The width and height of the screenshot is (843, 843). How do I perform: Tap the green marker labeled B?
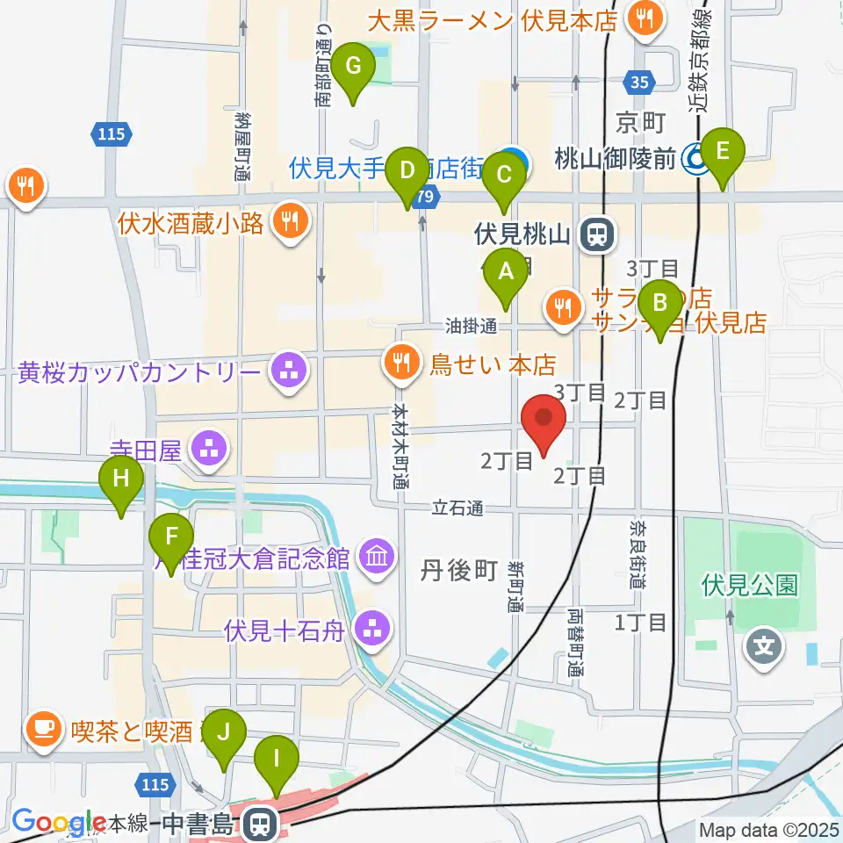[x=659, y=305]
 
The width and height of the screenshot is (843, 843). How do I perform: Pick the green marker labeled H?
[x=121, y=480]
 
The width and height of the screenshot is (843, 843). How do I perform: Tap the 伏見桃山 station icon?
[x=600, y=234]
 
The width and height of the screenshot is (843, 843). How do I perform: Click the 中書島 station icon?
[x=260, y=824]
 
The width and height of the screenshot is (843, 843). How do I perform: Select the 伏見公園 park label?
[x=750, y=586]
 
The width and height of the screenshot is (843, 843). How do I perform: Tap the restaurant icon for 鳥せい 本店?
[x=401, y=361]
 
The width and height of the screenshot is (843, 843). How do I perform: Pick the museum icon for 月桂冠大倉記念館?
[x=378, y=557]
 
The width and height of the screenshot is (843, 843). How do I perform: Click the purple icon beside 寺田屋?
[x=210, y=451]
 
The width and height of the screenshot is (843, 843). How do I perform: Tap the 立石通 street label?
[x=458, y=508]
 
